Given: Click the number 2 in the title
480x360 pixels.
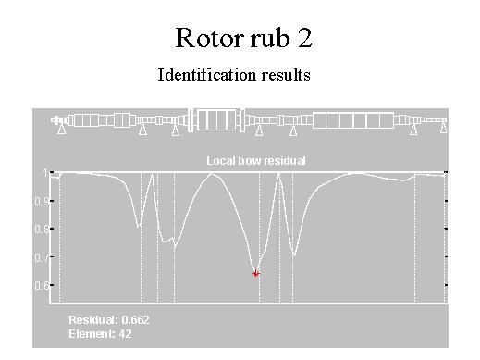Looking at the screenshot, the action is click(x=305, y=38).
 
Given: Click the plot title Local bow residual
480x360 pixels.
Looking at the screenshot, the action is click(x=256, y=161).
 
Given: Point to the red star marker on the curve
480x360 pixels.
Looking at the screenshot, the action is click(x=256, y=273).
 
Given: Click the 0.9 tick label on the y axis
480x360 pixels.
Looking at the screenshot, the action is click(x=42, y=202).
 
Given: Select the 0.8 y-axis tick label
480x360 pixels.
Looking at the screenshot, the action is click(x=42, y=230).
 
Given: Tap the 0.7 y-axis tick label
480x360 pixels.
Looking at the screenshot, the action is click(x=42, y=257).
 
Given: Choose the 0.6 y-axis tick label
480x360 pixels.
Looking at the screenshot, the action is click(x=42, y=285).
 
